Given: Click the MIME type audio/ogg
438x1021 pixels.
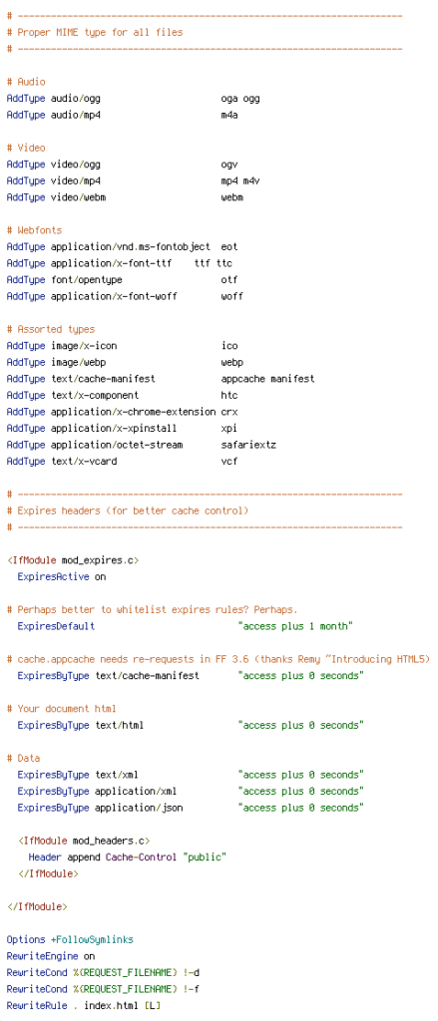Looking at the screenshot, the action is click(x=76, y=99).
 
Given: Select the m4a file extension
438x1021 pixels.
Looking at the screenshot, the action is click(x=229, y=115).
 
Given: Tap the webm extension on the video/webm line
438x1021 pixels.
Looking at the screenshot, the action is click(x=232, y=197).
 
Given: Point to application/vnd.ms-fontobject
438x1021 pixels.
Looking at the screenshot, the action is click(x=131, y=247).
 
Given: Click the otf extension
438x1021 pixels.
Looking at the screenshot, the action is click(x=229, y=279).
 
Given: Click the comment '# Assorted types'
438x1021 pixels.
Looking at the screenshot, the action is click(x=51, y=329).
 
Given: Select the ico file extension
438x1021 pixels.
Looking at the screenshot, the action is click(x=229, y=346).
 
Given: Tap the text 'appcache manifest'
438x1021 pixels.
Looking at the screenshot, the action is click(x=267, y=378).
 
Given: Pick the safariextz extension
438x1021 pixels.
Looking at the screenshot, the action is click(x=248, y=445).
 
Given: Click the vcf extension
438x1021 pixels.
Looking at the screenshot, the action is click(x=229, y=461).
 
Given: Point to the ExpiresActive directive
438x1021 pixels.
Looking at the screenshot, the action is click(x=54, y=576).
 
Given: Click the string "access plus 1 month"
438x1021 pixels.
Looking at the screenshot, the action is click(x=296, y=626).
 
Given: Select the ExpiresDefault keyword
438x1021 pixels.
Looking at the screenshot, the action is click(x=56, y=626).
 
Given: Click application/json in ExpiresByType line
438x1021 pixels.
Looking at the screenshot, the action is click(x=139, y=808).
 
